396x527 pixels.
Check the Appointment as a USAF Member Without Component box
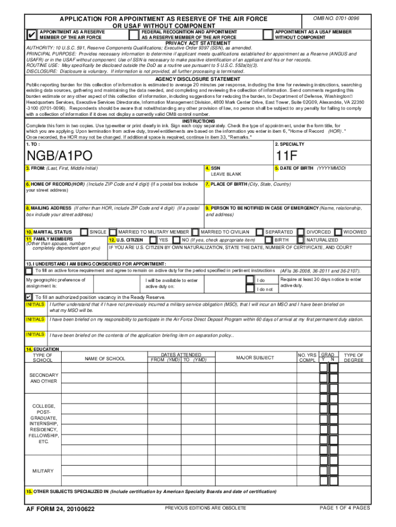(x=267, y=34)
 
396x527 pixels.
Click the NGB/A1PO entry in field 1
(x=57, y=155)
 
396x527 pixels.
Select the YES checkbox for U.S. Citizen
(x=153, y=240)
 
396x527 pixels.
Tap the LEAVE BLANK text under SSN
(x=226, y=174)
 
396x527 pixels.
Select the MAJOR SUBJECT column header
(x=255, y=358)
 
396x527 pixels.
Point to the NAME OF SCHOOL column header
(x=105, y=358)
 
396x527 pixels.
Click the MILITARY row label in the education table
(x=43, y=471)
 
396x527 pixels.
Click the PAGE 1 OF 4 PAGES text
(x=345, y=508)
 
